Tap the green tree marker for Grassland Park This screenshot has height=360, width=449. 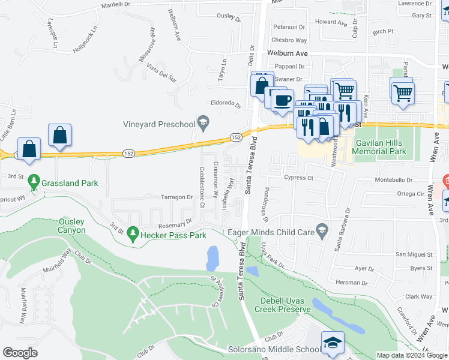(34, 181)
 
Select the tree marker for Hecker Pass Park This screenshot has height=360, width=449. (133, 235)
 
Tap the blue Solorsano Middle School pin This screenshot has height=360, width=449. (333, 342)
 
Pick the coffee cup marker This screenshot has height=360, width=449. (282, 100)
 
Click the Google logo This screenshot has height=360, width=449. (20, 352)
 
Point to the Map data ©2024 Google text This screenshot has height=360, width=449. (411, 355)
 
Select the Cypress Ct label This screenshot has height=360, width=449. (299, 178)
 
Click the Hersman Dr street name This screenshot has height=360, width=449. (352, 282)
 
